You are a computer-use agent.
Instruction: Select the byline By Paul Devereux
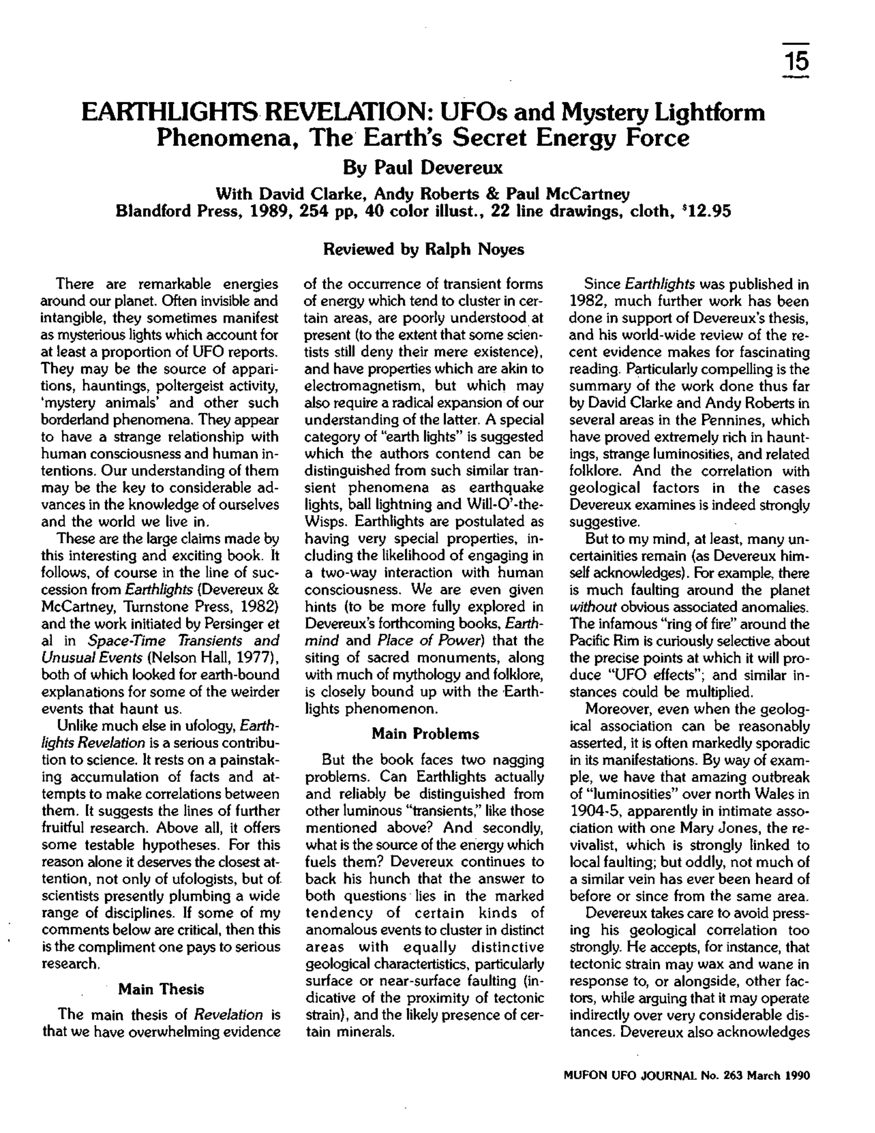[x=423, y=168]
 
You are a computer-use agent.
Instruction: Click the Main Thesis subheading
[x=161, y=989]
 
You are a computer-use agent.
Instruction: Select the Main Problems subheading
[x=425, y=733]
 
